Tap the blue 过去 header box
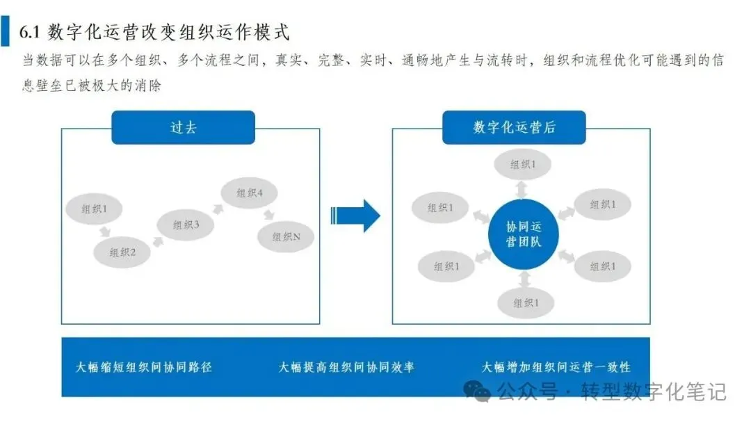(183, 128)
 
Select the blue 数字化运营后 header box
(514, 128)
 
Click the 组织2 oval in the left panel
(121, 253)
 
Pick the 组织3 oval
(186, 225)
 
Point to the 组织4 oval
(249, 193)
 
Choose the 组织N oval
(286, 237)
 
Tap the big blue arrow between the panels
(355, 216)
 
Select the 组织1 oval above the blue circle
(523, 165)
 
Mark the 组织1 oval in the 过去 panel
(93, 209)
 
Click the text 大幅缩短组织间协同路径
(144, 367)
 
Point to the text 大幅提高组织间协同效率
(346, 367)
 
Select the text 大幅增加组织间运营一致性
(556, 367)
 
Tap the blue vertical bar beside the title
(6, 32)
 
